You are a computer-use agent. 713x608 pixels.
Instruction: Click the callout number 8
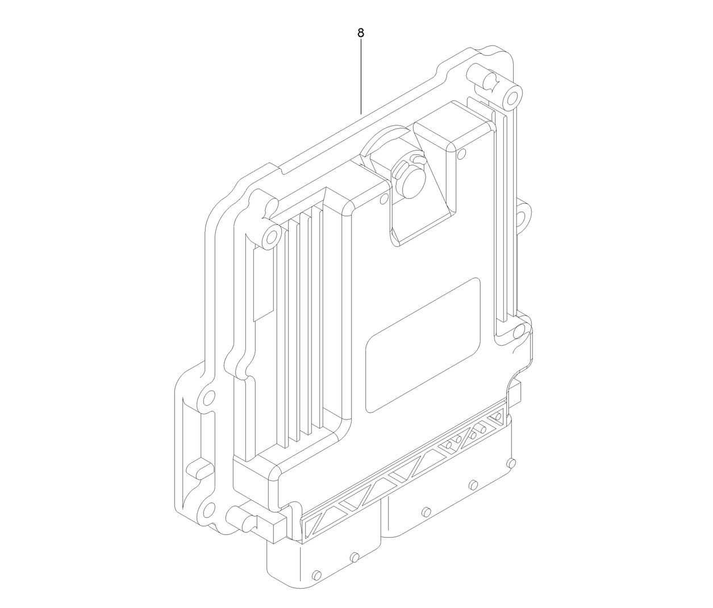click(x=361, y=33)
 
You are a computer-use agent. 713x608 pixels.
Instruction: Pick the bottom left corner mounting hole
click(x=208, y=508)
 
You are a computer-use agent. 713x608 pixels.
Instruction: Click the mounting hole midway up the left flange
click(x=209, y=397)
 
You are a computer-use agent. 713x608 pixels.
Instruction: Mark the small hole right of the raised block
click(x=461, y=153)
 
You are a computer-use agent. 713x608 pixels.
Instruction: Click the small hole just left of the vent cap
click(x=383, y=198)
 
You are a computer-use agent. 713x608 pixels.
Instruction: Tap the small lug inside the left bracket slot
click(x=199, y=469)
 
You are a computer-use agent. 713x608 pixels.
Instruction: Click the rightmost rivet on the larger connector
click(x=510, y=462)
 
